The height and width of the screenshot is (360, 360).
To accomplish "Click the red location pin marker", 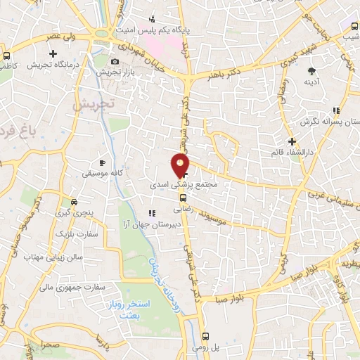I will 181,165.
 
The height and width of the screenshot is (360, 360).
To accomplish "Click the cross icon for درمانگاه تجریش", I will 53,53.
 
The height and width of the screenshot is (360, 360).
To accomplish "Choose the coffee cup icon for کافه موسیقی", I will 102,162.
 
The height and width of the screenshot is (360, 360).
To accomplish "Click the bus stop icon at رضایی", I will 181,198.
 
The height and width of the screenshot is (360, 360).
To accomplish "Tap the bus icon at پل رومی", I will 205,336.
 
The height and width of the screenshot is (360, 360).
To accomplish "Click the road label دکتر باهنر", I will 226,72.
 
